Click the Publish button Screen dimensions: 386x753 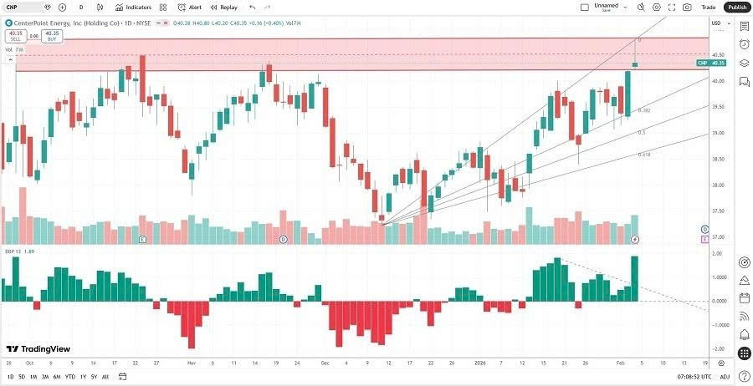click(x=736, y=7)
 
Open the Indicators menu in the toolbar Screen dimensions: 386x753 click(x=133, y=7)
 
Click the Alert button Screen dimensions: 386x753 click(x=190, y=7)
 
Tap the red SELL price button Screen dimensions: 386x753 click(x=14, y=37)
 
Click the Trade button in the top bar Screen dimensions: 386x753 click(x=708, y=7)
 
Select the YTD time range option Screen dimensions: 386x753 click(x=69, y=376)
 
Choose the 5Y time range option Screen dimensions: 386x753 click(x=94, y=376)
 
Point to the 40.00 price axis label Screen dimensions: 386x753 click(x=717, y=81)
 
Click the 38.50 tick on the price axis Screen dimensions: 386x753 click(x=717, y=159)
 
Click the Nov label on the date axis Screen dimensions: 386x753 click(x=191, y=363)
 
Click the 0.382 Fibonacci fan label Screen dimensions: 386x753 click(x=644, y=110)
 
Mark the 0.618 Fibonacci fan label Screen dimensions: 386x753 click(x=644, y=155)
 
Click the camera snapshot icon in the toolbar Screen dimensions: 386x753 click(x=687, y=7)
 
